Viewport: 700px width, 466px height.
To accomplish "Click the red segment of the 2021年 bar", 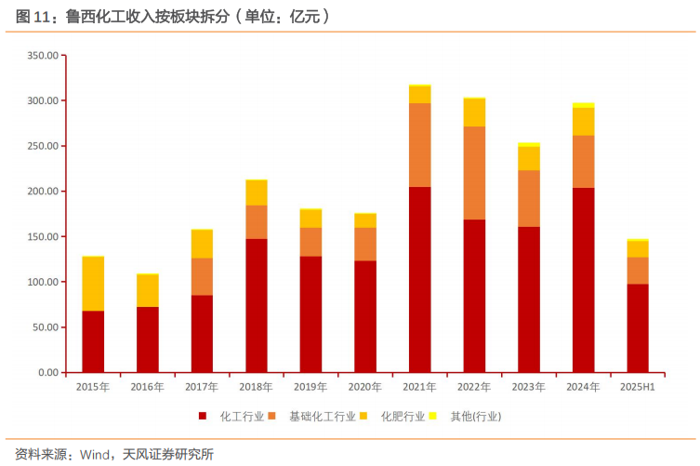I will point(419,279).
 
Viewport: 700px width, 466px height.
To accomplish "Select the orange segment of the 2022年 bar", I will point(474,173).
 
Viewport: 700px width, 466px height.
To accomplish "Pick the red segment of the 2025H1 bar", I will point(637,327).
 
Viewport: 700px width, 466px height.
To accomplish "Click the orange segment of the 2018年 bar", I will point(257,222).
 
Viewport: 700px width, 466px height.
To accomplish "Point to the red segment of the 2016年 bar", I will point(148,340).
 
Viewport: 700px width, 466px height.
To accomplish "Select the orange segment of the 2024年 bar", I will point(583,162).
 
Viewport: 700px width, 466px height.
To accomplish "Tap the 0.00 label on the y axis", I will point(46,373).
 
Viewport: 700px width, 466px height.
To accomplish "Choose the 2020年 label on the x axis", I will point(364,387).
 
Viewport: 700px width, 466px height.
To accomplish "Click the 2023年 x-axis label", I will point(528,387).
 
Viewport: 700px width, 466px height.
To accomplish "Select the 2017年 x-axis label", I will point(202,387).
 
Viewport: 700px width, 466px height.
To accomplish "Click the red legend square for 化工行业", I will point(202,416).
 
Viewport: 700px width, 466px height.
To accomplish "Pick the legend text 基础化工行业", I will point(322,416).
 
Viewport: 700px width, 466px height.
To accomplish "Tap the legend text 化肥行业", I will point(403,416).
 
